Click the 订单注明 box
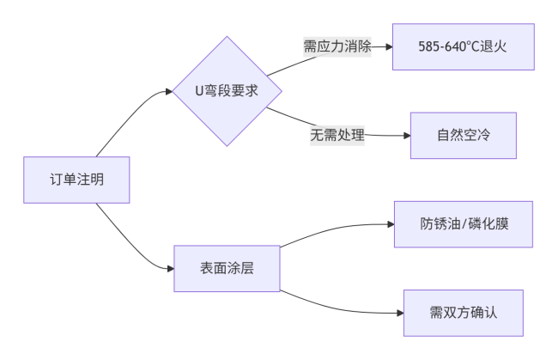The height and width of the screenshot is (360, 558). coord(76,180)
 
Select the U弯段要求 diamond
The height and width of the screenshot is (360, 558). coord(227,90)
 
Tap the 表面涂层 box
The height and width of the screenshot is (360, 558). coord(227,270)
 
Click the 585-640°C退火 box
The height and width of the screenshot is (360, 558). coord(464,46)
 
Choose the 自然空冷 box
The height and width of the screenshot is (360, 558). coord(464,136)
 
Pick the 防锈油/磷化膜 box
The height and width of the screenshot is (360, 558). coord(464,224)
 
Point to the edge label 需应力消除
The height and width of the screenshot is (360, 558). coord(337,46)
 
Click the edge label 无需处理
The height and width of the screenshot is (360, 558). coord(337,135)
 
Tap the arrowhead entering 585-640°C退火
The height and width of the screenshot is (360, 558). coord(388,46)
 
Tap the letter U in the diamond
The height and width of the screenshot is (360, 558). coord(199,90)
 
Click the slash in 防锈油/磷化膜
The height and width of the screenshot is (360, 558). coord(464,224)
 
